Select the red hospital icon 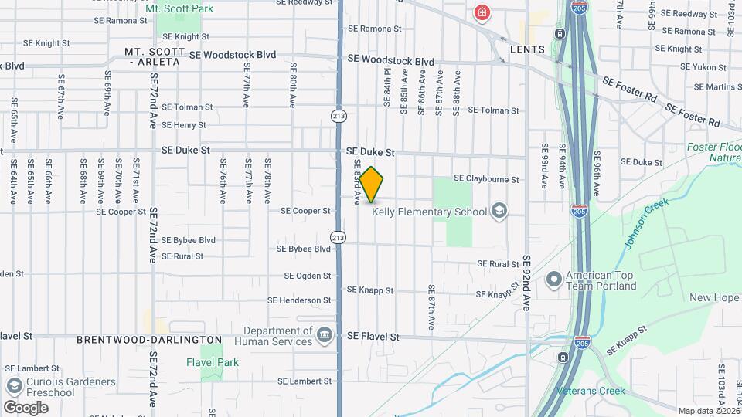pos(483,13)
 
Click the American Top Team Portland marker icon pos(553,280)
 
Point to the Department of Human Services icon pos(325,335)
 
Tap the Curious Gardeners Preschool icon pos(13,386)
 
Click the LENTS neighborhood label pos(527,49)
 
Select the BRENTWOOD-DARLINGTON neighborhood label pos(149,340)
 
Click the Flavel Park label pos(213,362)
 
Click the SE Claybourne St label pos(486,178)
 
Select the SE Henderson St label pos(299,300)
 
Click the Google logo pos(26,408)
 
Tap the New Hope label pos(714,298)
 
